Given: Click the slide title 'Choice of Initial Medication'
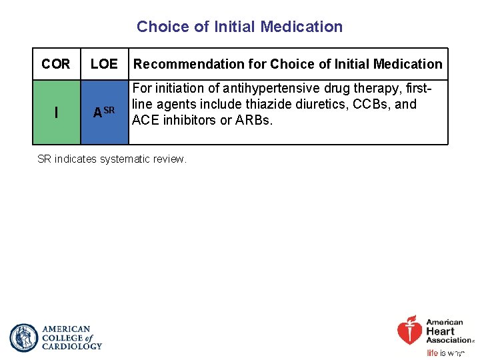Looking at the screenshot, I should click(x=239, y=27).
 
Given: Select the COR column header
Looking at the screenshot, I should click(x=55, y=64).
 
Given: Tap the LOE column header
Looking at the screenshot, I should click(x=103, y=64).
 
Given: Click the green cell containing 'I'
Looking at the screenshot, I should click(x=56, y=113).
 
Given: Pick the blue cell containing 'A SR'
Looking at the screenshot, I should click(x=104, y=113).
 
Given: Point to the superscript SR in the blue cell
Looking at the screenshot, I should click(x=110, y=109).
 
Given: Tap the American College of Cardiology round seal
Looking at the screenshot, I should click(x=24, y=338).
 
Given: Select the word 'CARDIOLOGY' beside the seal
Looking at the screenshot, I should click(x=72, y=346).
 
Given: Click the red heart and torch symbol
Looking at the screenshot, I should click(x=409, y=331).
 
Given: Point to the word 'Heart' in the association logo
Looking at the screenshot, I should click(x=441, y=331).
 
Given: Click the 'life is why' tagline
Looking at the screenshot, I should click(x=445, y=353).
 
